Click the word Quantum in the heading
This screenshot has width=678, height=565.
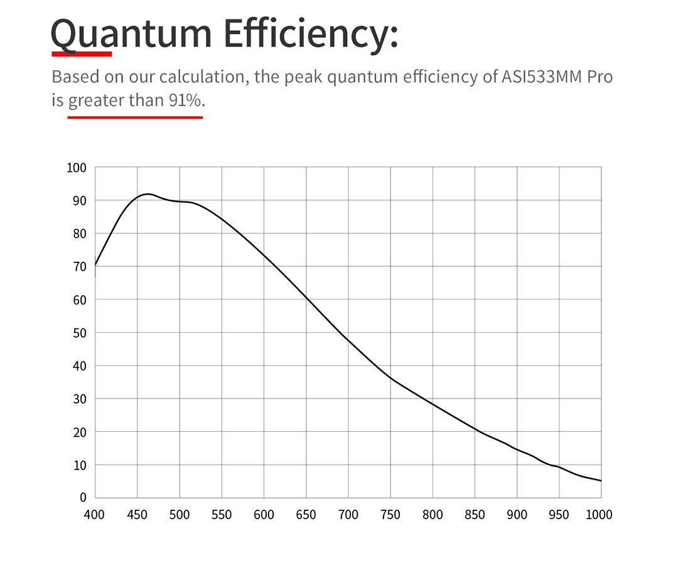(x=131, y=34)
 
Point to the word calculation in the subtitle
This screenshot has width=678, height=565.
(x=200, y=77)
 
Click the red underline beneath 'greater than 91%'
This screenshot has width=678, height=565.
(x=135, y=117)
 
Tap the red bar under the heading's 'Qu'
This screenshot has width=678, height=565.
(x=82, y=53)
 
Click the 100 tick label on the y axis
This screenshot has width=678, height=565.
(x=76, y=168)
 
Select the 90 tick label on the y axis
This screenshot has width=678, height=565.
(x=79, y=201)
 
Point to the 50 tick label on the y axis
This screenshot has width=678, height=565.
(x=79, y=333)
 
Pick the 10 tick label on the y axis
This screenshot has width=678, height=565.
(x=79, y=465)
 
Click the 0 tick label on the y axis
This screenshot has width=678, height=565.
(x=83, y=498)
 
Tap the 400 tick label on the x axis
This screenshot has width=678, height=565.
(x=94, y=515)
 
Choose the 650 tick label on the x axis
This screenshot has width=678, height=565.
(x=306, y=515)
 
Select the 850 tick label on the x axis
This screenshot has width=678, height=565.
(x=475, y=515)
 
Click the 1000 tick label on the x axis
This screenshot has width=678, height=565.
(x=598, y=515)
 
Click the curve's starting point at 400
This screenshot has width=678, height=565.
(x=95, y=266)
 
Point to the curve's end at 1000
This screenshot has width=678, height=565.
(x=601, y=481)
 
